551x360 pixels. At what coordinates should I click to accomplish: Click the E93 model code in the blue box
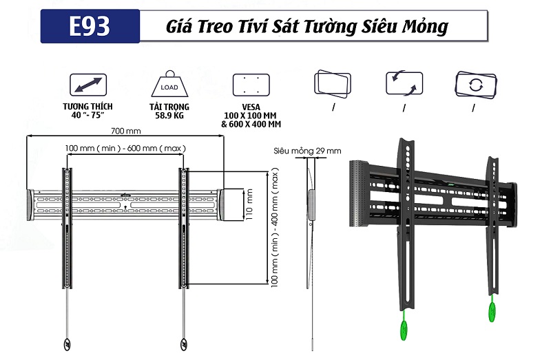pyautogui.click(x=90, y=27)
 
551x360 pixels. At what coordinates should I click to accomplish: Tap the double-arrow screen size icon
pyautogui.click(x=87, y=85)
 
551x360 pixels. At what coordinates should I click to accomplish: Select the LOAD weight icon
pyautogui.click(x=169, y=85)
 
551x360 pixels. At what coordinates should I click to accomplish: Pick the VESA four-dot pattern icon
pyautogui.click(x=249, y=86)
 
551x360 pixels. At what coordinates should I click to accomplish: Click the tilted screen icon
pyautogui.click(x=333, y=85)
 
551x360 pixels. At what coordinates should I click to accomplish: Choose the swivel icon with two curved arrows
pyautogui.click(x=403, y=85)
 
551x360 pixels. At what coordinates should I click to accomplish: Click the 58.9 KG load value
pyautogui.click(x=169, y=116)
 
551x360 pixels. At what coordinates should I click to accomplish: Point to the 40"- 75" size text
pyautogui.click(x=87, y=116)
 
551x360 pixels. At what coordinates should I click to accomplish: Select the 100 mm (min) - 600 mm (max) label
pyautogui.click(x=125, y=148)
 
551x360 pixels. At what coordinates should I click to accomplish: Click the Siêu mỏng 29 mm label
pyautogui.click(x=306, y=150)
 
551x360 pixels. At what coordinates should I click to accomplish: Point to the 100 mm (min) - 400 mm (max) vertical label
pyautogui.click(x=275, y=235)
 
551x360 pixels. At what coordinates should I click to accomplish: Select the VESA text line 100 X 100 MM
pyautogui.click(x=251, y=116)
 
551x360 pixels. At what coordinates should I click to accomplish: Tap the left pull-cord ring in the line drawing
pyautogui.click(x=67, y=344)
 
